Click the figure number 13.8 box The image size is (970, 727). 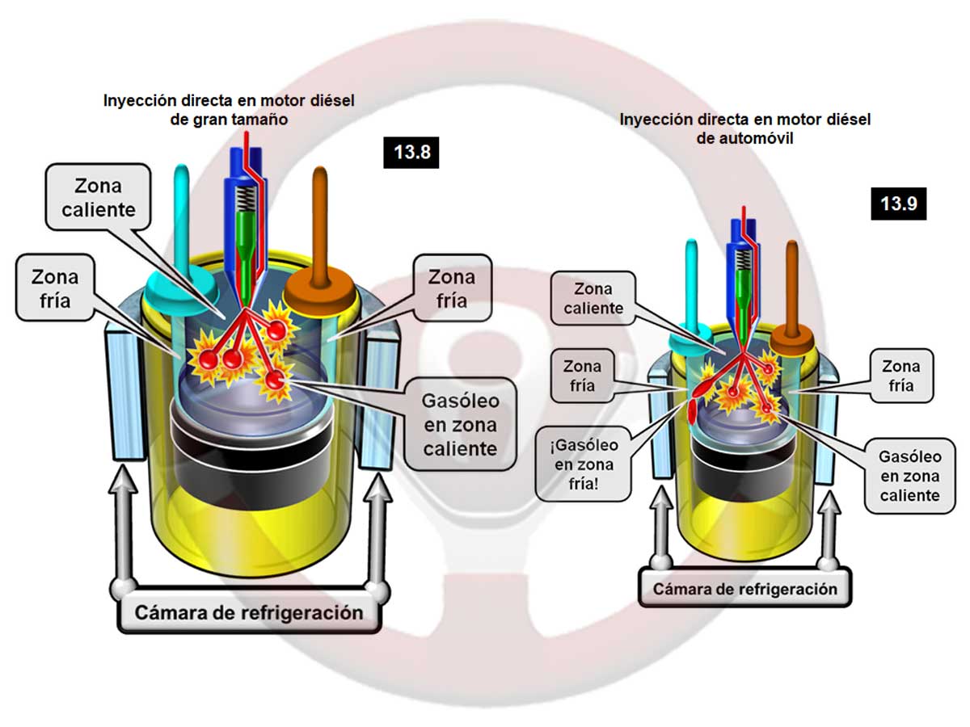coord(411,151)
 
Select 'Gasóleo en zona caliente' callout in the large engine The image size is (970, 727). coord(460,424)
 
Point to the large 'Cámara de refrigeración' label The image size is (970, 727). coord(250,611)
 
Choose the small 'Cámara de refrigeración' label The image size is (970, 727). coord(744,589)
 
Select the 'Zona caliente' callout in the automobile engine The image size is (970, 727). coord(593,297)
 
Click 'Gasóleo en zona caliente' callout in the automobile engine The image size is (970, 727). coord(909,476)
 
